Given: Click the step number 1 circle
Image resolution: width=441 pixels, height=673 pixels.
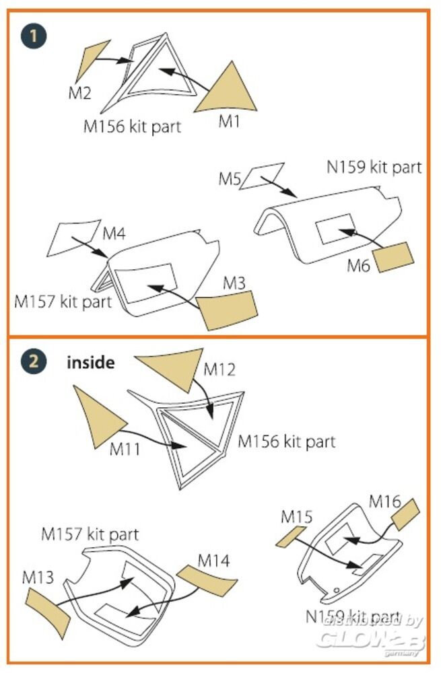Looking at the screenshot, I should point(33,34).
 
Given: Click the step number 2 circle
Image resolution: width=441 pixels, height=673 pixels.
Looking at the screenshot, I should point(33,363).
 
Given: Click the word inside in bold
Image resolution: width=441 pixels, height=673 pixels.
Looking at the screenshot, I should point(90,363).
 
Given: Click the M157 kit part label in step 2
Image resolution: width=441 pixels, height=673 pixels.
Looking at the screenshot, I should point(90,534).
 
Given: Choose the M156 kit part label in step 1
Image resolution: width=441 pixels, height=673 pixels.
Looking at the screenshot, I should point(132,126).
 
